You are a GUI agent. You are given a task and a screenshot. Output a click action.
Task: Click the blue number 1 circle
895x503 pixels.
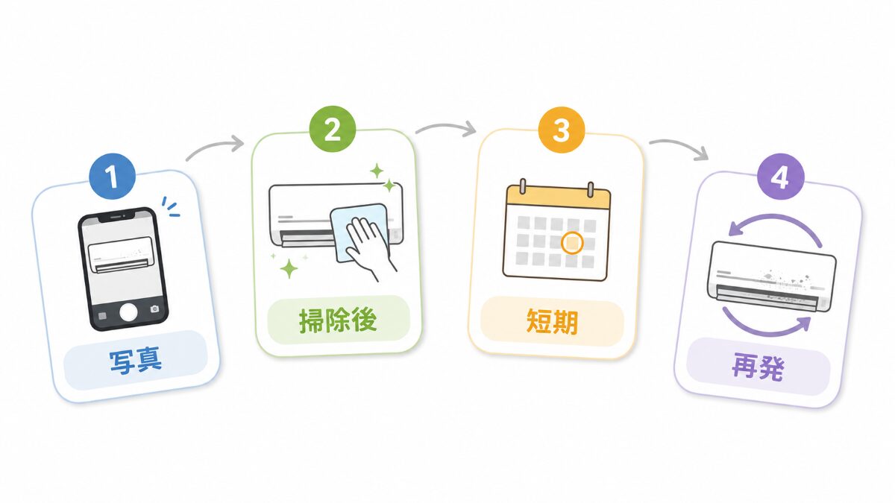[113, 176]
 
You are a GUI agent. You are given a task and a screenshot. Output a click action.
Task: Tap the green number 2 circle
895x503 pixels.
[333, 129]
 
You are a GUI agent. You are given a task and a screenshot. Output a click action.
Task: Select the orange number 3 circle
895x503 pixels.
[562, 130]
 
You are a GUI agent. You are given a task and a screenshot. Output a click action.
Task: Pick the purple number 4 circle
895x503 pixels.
[780, 177]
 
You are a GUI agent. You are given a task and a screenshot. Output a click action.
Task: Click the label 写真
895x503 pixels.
[136, 361]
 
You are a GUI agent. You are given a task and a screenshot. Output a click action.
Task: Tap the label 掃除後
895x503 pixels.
[338, 320]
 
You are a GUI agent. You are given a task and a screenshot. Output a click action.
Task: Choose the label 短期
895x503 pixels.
[552, 321]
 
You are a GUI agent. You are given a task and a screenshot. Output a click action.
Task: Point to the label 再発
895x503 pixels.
[758, 367]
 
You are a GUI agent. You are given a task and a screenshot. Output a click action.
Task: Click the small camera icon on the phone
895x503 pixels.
[154, 309]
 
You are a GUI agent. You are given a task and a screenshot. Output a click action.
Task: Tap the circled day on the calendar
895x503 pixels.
[572, 243]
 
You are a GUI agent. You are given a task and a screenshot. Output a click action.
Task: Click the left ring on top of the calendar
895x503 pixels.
[523, 188]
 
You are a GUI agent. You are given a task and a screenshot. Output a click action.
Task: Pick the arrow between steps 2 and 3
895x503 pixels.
[446, 126]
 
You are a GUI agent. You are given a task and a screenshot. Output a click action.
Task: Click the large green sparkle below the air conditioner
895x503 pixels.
[289, 269]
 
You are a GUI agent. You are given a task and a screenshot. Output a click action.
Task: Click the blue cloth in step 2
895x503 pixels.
[359, 233]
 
